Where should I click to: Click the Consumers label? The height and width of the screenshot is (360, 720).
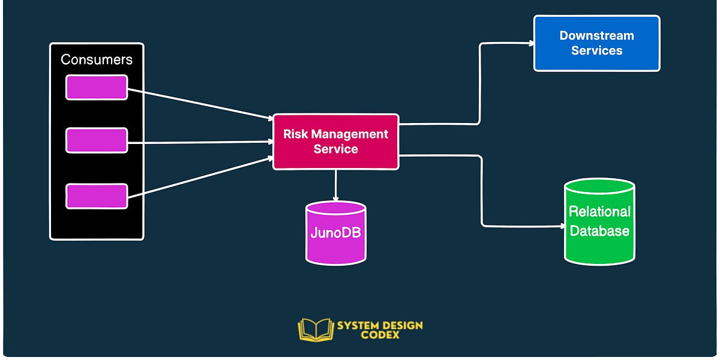(x=97, y=60)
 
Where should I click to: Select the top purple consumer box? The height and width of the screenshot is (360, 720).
(x=97, y=88)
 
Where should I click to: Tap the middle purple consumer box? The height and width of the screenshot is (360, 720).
(x=97, y=140)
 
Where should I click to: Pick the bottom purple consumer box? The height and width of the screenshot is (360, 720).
(x=97, y=196)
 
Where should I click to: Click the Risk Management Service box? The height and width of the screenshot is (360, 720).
(x=335, y=142)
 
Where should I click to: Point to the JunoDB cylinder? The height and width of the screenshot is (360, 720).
(x=335, y=233)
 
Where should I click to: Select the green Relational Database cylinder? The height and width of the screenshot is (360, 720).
(x=599, y=221)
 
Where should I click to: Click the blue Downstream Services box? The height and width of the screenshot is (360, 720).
(x=596, y=43)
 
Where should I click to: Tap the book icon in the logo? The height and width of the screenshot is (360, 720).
(x=315, y=329)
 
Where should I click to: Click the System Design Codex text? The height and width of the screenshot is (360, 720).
(x=379, y=329)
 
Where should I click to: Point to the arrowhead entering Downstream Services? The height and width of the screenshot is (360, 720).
(x=530, y=43)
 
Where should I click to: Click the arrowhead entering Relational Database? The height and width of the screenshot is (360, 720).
(x=561, y=227)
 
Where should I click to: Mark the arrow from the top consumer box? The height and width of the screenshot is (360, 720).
(x=198, y=104)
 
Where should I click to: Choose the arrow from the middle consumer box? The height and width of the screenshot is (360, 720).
(x=198, y=142)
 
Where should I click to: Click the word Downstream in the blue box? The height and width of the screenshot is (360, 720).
(x=596, y=35)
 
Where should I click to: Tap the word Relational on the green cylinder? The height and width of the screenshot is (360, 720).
(x=599, y=212)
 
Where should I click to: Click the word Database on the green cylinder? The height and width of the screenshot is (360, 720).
(x=599, y=231)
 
